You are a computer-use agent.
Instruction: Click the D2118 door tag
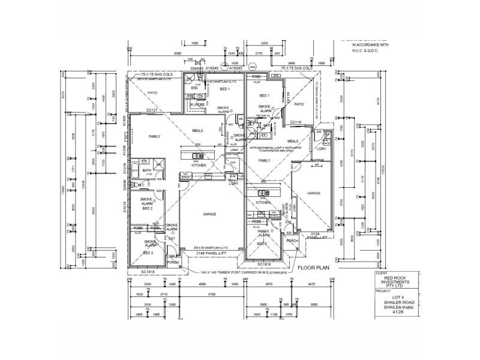[296, 122]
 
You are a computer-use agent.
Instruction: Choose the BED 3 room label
[148, 253]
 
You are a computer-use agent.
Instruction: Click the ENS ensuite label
[194, 89]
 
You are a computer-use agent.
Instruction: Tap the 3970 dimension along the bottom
[256, 285]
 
